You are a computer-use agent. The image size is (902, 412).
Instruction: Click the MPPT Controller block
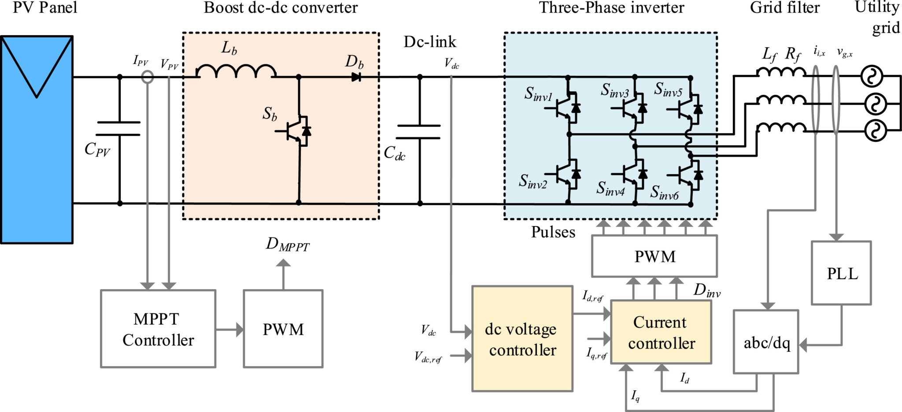click(x=158, y=328)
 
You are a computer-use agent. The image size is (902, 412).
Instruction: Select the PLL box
click(x=841, y=273)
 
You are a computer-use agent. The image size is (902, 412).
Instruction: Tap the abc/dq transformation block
click(x=765, y=342)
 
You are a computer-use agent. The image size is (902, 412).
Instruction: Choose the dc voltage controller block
click(x=522, y=338)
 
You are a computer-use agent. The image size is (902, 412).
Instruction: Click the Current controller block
click(x=661, y=332)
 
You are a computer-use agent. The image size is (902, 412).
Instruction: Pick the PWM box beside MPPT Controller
click(x=283, y=328)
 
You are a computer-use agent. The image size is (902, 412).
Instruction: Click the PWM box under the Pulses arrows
click(x=654, y=256)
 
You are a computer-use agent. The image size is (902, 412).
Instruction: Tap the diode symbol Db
click(x=356, y=77)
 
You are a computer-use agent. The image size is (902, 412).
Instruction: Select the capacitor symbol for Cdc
click(x=419, y=131)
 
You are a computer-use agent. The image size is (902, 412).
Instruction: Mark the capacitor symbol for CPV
click(x=118, y=128)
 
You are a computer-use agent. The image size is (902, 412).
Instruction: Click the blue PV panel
click(x=37, y=139)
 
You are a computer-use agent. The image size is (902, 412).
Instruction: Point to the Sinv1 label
click(x=538, y=94)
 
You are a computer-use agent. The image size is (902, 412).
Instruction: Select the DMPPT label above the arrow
click(x=287, y=245)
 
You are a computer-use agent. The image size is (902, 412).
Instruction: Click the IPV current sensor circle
click(x=148, y=77)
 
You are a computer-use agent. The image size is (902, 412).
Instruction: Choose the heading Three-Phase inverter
click(x=611, y=8)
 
